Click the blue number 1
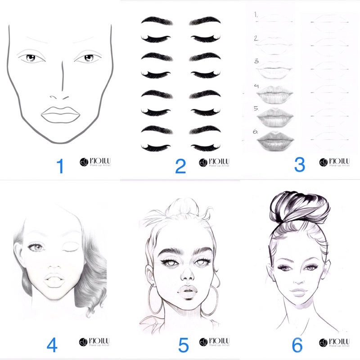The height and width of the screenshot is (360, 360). point(59,166)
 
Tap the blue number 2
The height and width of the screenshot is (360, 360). point(180,166)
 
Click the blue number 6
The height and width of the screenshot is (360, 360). point(297,345)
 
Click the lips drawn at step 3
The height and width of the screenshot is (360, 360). point(274,72)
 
